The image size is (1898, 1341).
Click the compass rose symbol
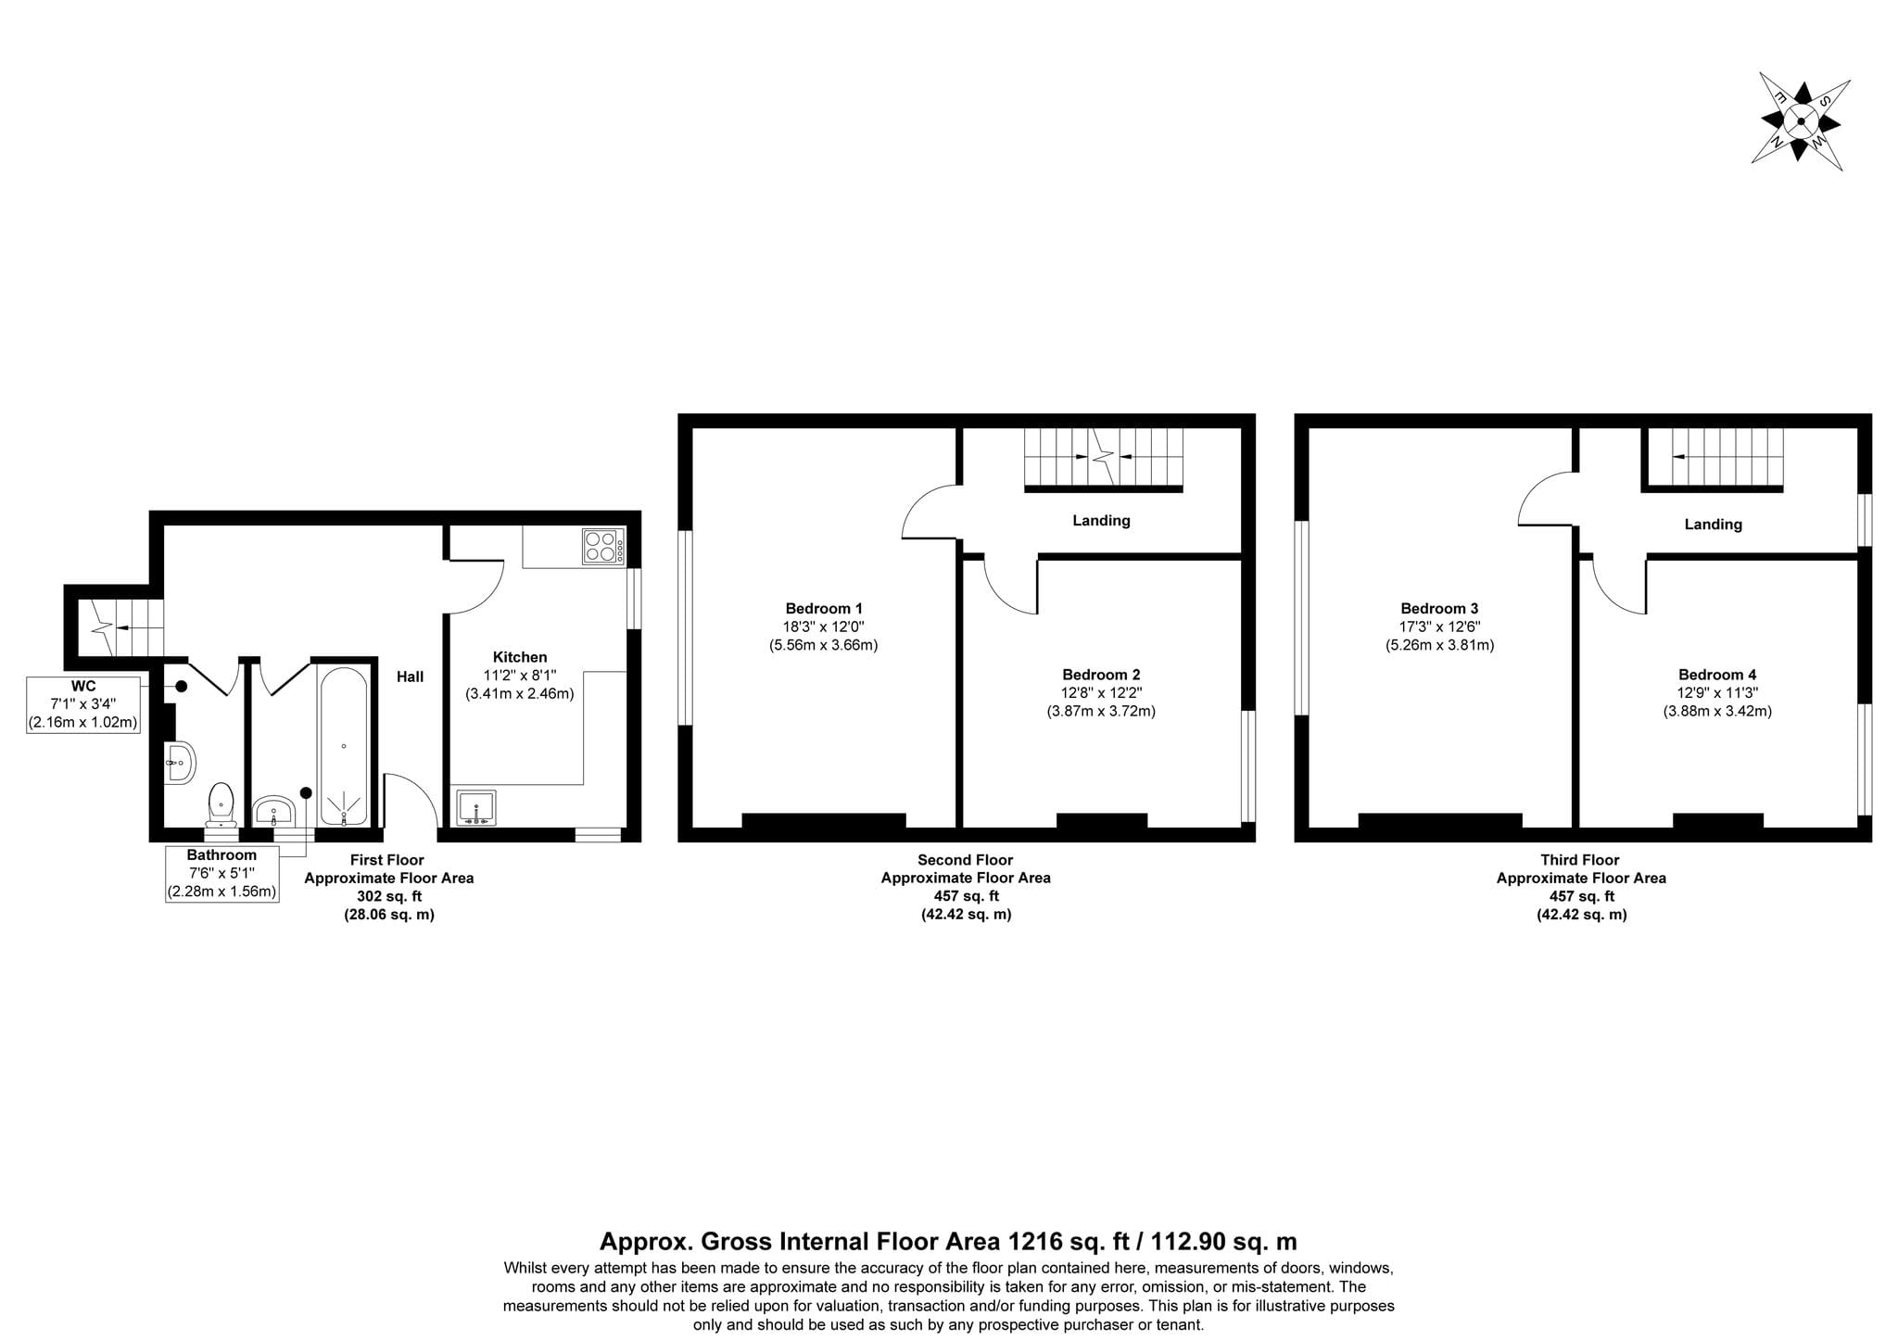point(1801,121)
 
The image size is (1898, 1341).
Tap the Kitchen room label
point(520,657)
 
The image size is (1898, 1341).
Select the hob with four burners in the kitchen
point(603,546)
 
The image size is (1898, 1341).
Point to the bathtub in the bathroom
point(344,747)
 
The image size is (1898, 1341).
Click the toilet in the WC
point(221,803)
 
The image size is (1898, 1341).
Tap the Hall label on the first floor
point(411,677)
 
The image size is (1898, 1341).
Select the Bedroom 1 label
point(824,609)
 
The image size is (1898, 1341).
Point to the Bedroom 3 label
point(1439,609)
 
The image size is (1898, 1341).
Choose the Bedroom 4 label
point(1717,676)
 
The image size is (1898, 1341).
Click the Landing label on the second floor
point(1101,521)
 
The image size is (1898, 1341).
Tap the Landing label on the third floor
point(1713,525)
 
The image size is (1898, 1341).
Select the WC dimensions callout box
point(83,704)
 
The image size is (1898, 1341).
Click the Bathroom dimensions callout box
point(221,873)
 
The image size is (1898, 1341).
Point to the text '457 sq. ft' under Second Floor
point(966,896)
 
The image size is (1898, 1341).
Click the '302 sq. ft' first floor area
point(389,896)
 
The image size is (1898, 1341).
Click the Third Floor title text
point(1580,860)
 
